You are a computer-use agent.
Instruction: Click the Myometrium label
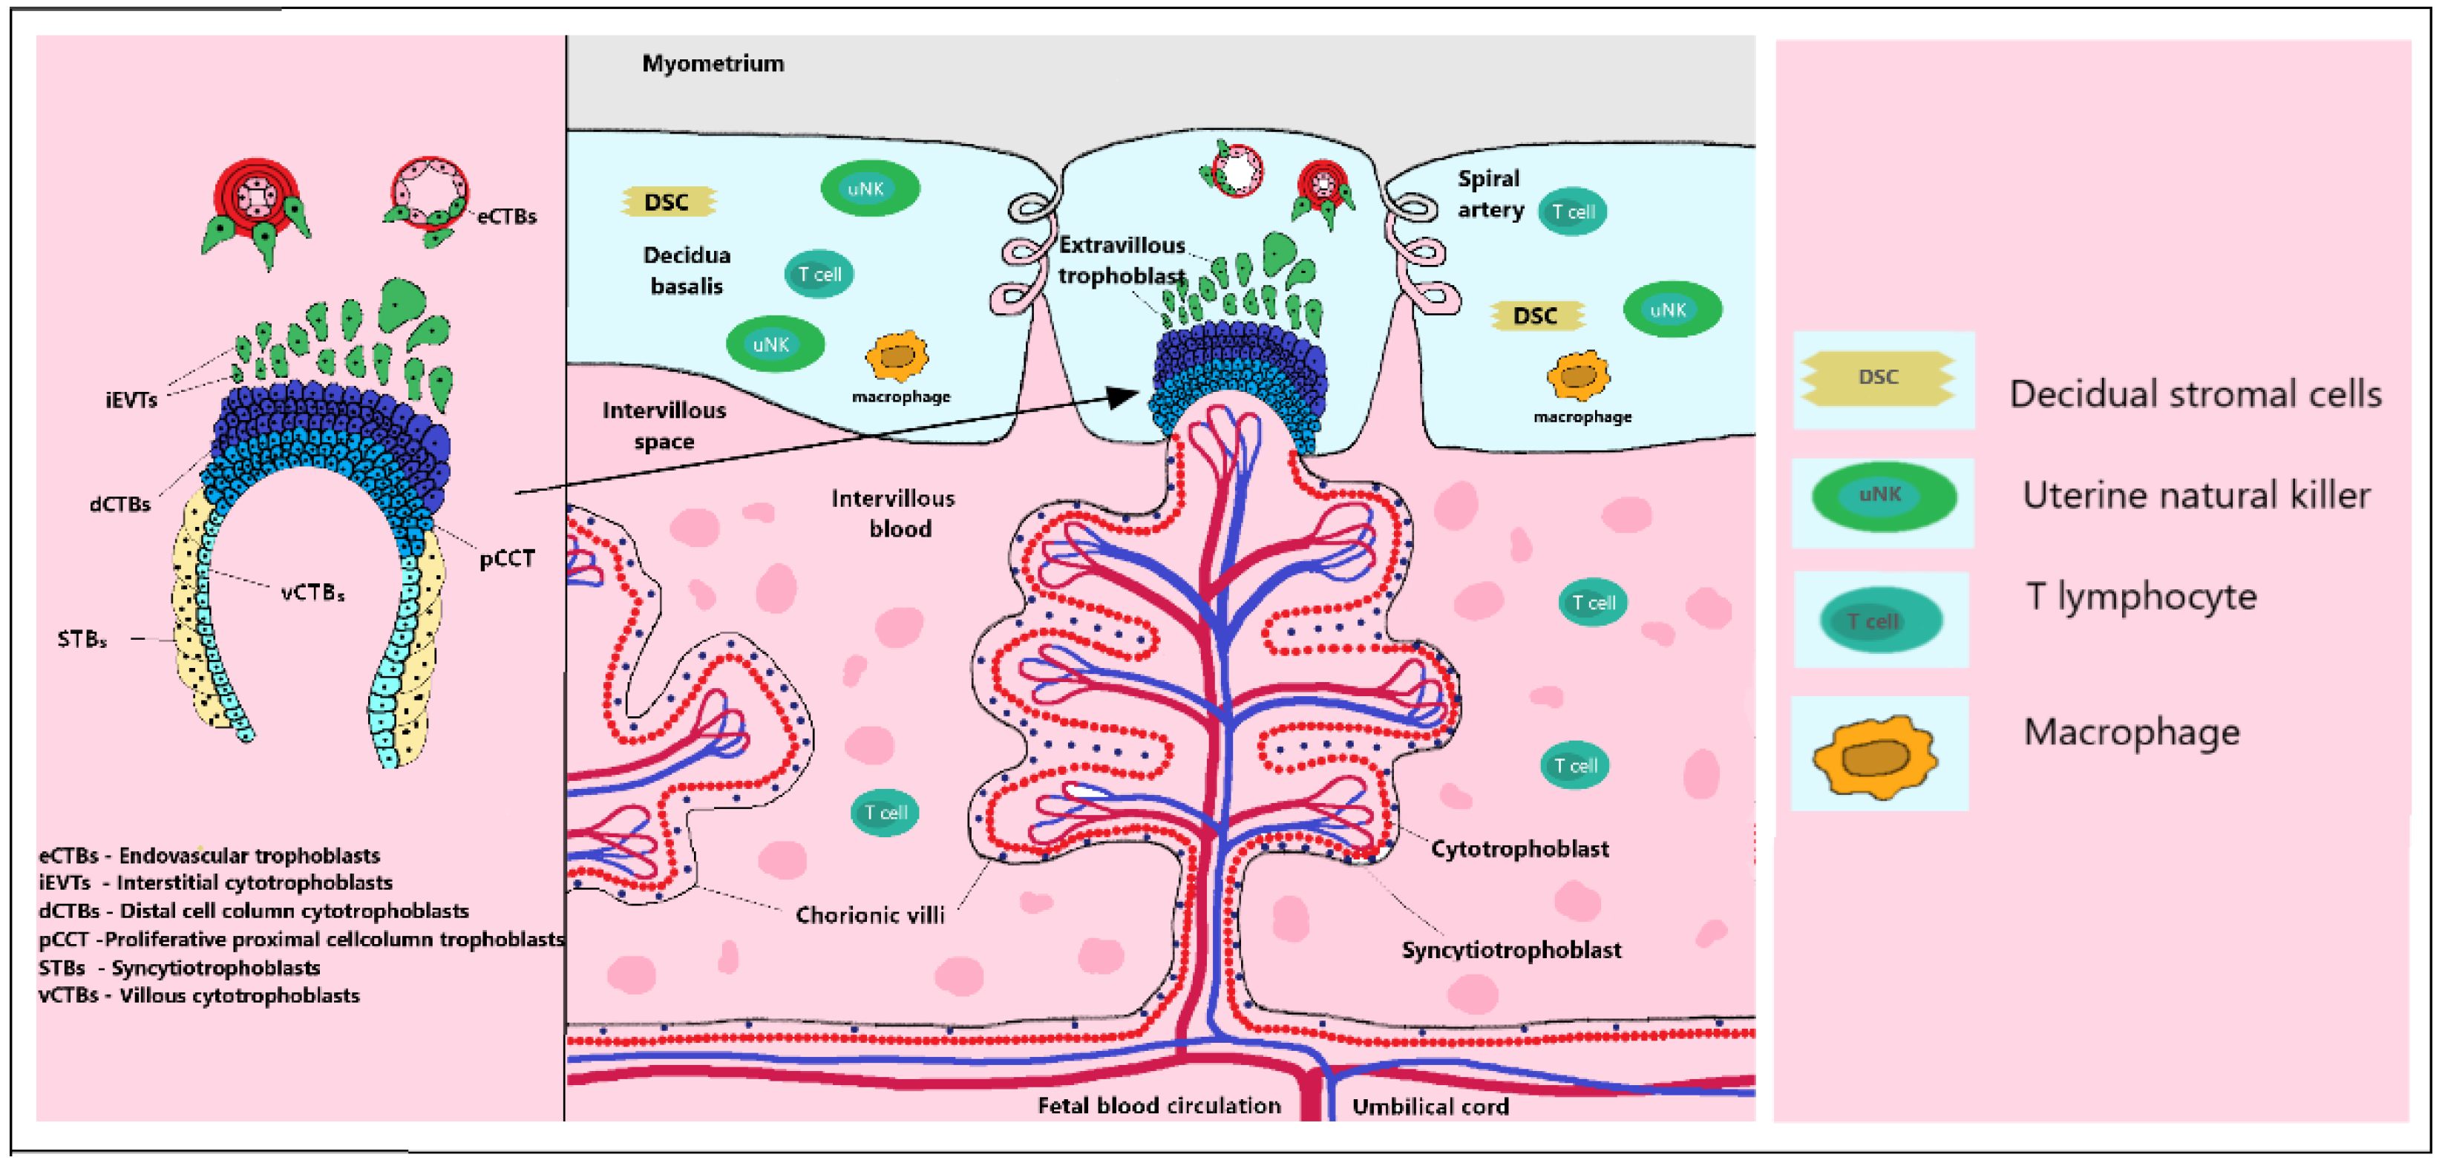click(713, 64)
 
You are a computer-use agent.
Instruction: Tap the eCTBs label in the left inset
click(506, 216)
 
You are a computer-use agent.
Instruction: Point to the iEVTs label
click(131, 400)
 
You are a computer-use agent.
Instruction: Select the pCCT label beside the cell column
click(506, 558)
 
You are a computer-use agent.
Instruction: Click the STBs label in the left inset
click(82, 640)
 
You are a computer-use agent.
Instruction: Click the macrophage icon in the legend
click(1875, 756)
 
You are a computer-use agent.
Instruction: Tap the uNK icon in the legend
click(1882, 496)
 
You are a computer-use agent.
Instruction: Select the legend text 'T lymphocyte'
click(2141, 596)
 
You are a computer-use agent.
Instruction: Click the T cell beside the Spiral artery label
click(1573, 212)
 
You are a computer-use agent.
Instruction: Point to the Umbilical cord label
click(1430, 1107)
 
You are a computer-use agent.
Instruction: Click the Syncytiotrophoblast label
click(1511, 950)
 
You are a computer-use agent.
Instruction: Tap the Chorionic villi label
click(869, 915)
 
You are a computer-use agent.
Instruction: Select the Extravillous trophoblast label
click(1122, 261)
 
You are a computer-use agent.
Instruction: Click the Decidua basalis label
click(687, 270)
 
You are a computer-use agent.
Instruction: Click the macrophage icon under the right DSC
click(1577, 376)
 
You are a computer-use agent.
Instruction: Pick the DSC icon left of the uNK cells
click(667, 202)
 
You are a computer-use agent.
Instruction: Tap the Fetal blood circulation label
click(1159, 1105)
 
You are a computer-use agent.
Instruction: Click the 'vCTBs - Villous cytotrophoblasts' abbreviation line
click(199, 995)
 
